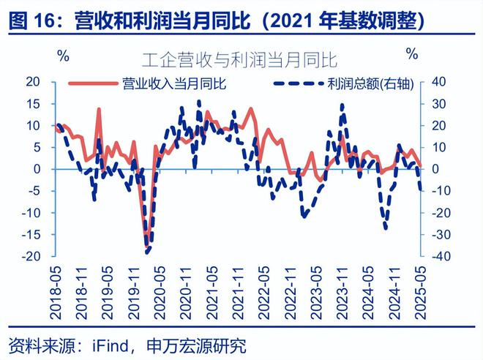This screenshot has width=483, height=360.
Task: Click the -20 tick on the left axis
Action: pos(34,257)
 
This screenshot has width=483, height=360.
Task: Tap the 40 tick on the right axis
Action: pos(438,81)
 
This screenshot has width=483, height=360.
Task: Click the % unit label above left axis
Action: pos(64,56)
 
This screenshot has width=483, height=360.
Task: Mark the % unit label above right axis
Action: pos(412,54)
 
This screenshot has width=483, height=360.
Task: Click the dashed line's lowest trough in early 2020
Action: pos(147,252)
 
